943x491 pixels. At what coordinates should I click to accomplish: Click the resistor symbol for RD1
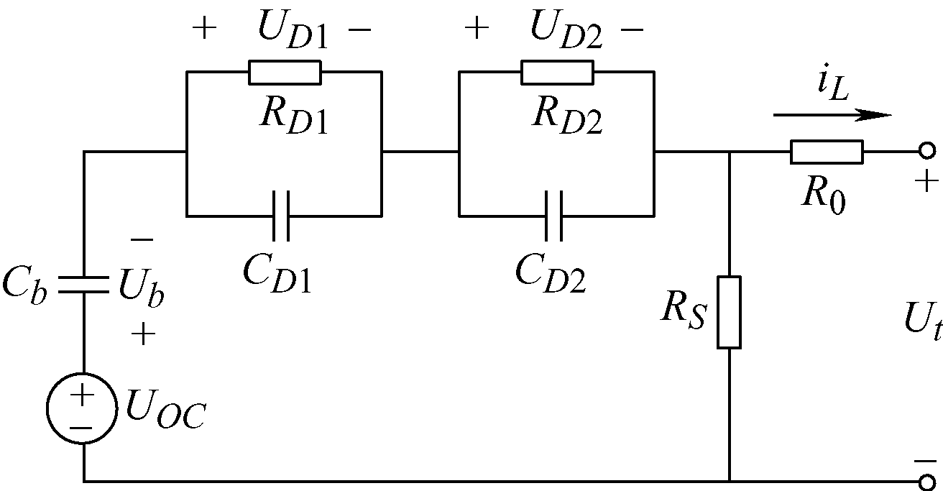[285, 72]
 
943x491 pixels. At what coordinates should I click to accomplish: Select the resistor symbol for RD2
[557, 72]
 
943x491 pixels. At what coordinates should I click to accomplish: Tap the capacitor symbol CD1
[282, 216]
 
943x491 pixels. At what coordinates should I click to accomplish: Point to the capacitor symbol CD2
[554, 216]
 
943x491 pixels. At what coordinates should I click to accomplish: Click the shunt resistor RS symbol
[729, 312]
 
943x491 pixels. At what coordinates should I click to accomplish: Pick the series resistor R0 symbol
[827, 152]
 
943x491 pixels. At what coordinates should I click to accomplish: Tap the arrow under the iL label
[832, 114]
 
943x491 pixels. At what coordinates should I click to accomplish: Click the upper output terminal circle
[927, 152]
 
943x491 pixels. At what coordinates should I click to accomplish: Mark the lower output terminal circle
[927, 481]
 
